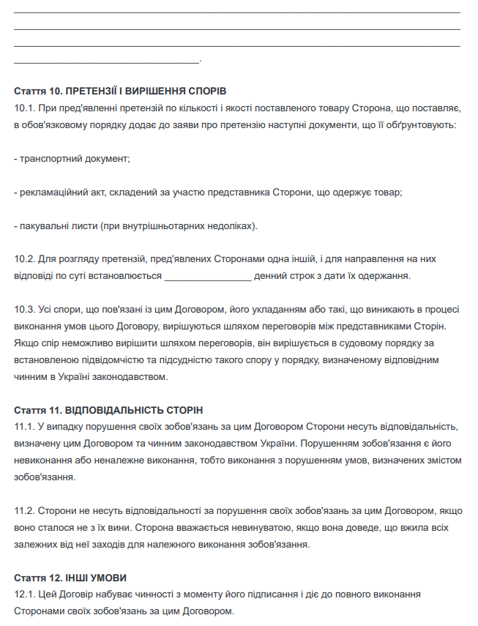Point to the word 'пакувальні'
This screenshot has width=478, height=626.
pyautogui.click(x=42, y=226)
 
